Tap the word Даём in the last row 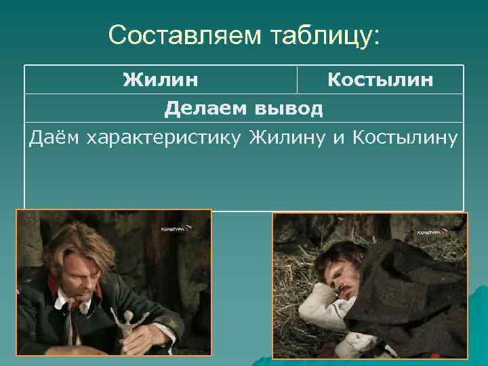click(x=52, y=138)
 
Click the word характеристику click(x=162, y=138)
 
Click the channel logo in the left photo click(x=176, y=229)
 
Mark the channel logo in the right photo click(x=432, y=232)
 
